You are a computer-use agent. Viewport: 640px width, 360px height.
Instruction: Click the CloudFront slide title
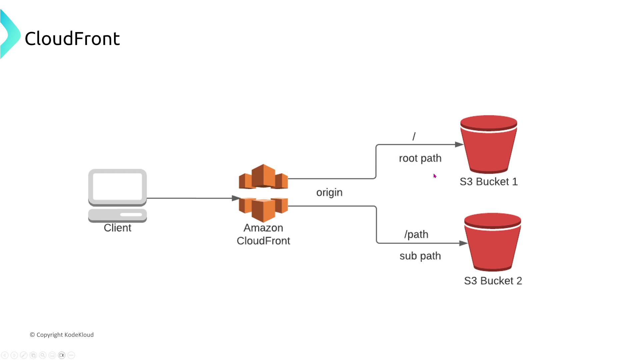[72, 38]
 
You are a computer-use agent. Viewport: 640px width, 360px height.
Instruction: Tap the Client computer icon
[117, 195]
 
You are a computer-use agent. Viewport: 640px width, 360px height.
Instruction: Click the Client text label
[117, 228]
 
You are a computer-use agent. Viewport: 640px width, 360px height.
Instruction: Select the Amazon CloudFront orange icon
[263, 193]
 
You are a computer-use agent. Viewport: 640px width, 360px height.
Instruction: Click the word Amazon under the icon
[263, 228]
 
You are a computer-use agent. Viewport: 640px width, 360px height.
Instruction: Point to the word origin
[329, 192]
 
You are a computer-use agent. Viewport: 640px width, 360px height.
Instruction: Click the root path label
[420, 158]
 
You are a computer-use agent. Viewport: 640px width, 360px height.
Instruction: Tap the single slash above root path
[414, 136]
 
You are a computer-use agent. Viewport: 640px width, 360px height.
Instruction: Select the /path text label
[416, 234]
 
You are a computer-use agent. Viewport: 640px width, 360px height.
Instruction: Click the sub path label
[420, 256]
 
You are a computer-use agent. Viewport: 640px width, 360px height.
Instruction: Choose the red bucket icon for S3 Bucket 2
[493, 242]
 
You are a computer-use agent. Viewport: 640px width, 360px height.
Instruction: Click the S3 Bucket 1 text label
[489, 182]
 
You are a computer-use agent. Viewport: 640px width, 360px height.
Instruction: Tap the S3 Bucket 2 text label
[493, 281]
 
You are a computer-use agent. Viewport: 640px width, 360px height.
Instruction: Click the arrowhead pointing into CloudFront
[236, 198]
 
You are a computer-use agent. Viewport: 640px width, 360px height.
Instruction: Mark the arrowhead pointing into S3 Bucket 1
[459, 144]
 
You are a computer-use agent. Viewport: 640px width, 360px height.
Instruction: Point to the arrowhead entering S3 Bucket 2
[463, 243]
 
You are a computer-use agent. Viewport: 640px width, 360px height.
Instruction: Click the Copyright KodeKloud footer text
[62, 335]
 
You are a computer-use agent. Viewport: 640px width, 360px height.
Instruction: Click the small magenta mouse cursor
[435, 176]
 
